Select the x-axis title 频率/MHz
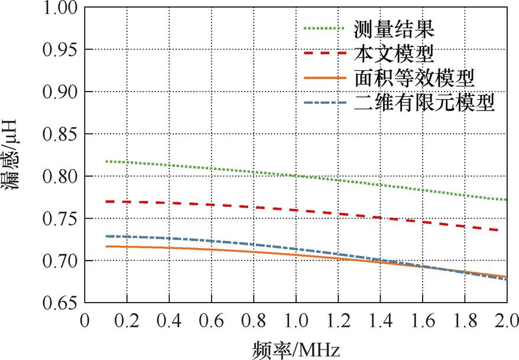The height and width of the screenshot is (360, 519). [x=296, y=349]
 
